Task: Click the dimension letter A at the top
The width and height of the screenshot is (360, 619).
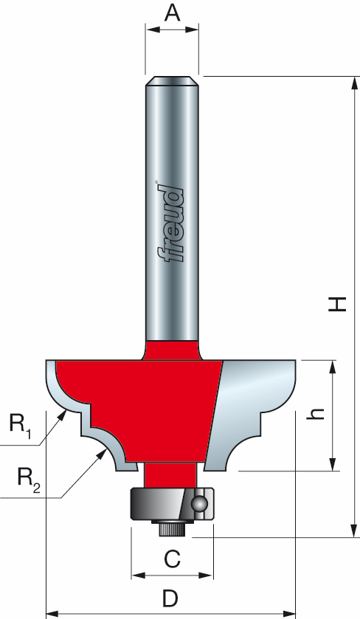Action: pos(172,13)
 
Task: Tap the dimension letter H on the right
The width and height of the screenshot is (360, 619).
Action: pos(337,303)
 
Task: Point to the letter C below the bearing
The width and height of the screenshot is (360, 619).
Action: pos(172,560)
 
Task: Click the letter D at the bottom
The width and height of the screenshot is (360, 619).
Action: pos(170,595)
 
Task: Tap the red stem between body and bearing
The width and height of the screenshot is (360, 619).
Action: pos(172,474)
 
